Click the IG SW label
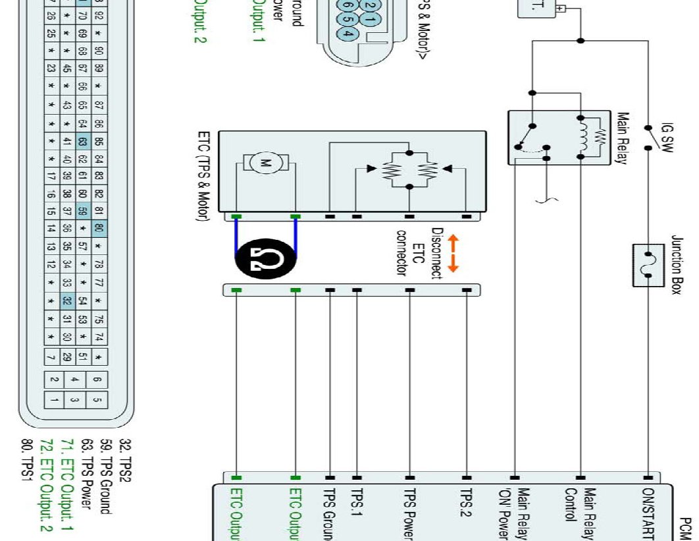click(666, 136)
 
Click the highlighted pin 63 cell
click(83, 142)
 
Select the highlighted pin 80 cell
click(98, 229)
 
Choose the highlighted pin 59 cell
click(83, 212)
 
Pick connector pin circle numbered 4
click(349, 34)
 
